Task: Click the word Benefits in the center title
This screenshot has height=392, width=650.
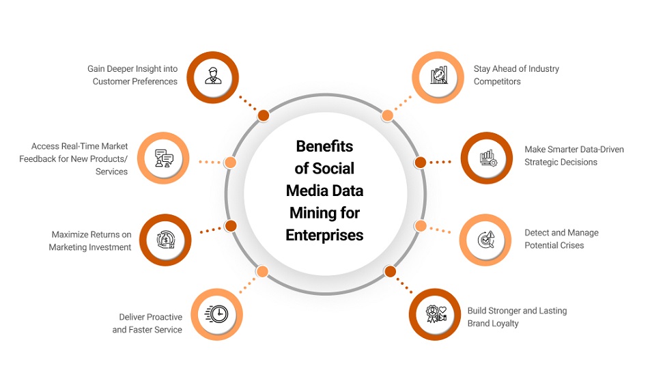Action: [x=324, y=146]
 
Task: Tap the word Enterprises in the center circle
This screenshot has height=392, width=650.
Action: [x=324, y=235]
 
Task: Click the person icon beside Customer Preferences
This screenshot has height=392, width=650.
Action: [x=212, y=76]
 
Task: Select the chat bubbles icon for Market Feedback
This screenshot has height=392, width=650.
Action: [x=163, y=159]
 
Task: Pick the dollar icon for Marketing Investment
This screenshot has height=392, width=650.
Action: [x=166, y=240]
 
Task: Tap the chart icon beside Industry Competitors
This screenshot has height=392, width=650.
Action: [x=438, y=75]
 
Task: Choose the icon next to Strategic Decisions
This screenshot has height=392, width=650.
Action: [x=487, y=158]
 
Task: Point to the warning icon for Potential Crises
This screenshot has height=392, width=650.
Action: [x=485, y=240]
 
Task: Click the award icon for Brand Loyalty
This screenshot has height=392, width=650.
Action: [x=436, y=314]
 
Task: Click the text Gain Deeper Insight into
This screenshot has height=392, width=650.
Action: [x=132, y=69]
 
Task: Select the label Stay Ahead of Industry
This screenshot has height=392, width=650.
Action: [x=516, y=69]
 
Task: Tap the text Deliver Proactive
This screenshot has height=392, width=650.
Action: [x=150, y=318]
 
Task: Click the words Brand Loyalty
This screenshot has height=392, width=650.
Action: [x=493, y=324]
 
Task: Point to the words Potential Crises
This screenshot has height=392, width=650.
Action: [x=554, y=245]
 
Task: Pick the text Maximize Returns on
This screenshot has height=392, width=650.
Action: [x=91, y=235]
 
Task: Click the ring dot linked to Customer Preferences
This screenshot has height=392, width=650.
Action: [x=263, y=115]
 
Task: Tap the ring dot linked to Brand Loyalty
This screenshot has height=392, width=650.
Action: [x=390, y=271]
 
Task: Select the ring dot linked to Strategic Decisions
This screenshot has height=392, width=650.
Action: [x=421, y=163]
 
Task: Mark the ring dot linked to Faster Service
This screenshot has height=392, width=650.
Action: [x=262, y=271]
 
